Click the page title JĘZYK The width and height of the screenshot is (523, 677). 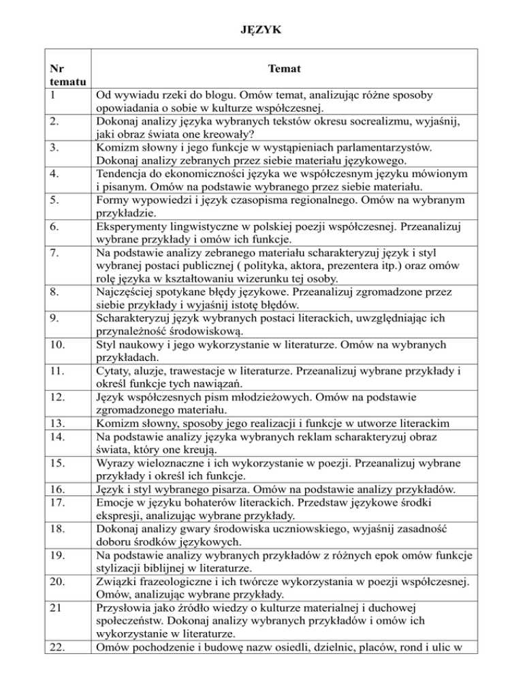[x=261, y=30]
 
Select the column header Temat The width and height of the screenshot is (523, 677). [x=285, y=69]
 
